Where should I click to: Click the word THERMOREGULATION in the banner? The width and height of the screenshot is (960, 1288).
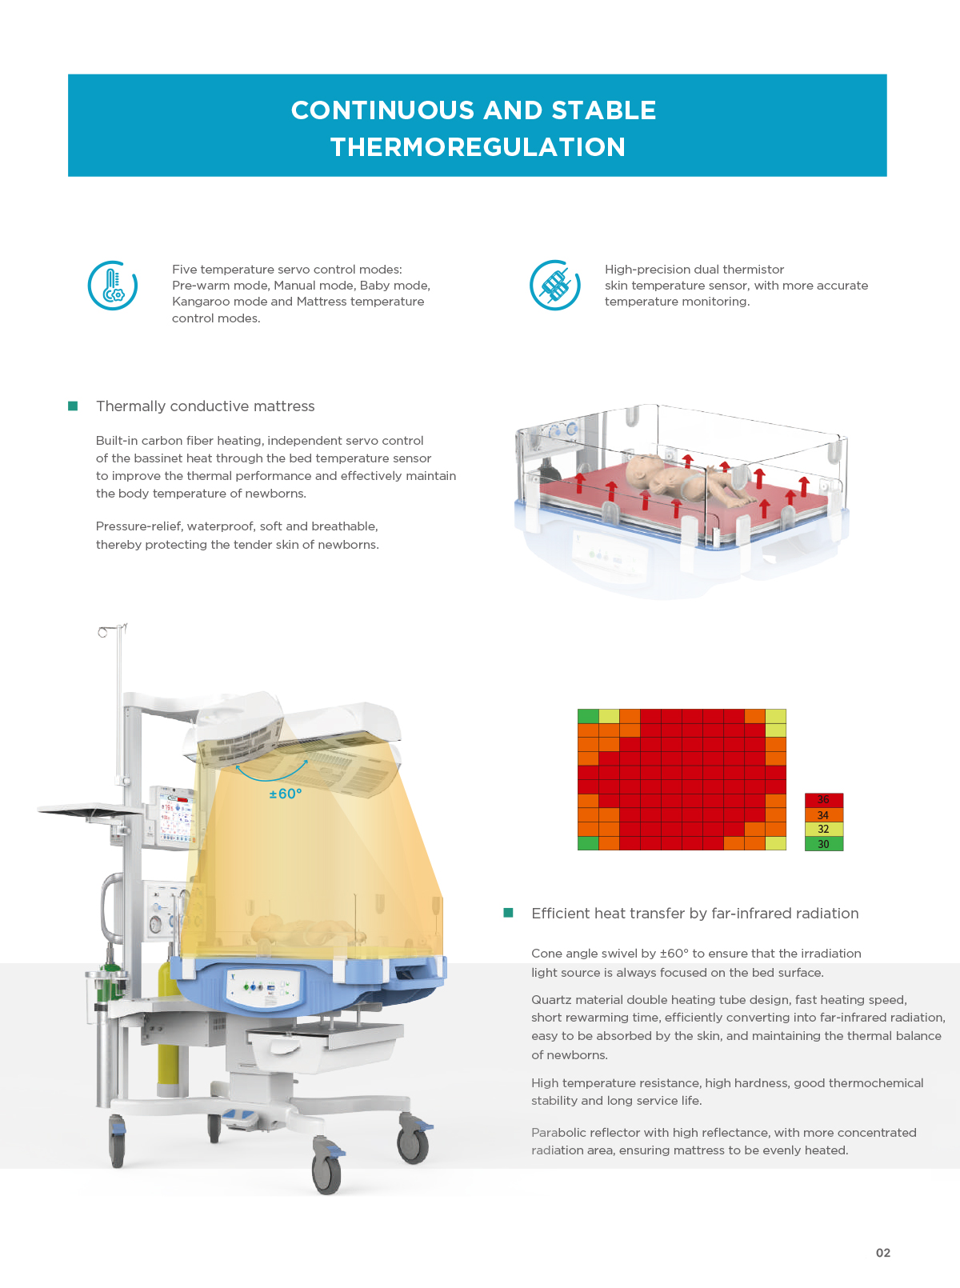coord(478,146)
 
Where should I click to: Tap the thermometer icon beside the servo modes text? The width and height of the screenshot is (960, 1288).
coord(113,286)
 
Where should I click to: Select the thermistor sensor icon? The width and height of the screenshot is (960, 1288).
coord(554,285)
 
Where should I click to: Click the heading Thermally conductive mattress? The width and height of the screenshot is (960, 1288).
coord(206,406)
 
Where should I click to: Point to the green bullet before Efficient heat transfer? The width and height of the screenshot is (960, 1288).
coord(508,913)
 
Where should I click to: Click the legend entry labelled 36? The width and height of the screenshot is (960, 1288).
coord(824,800)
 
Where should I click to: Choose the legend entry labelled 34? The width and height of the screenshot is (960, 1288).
coord(824,814)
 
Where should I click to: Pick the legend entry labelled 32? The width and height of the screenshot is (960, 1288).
coord(824,829)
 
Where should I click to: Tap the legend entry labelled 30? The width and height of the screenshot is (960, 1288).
coord(824,844)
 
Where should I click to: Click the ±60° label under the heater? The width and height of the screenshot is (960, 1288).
coord(285,794)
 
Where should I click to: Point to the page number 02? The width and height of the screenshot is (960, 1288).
coord(883,1253)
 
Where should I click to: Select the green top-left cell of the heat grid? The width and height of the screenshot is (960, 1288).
coord(588,716)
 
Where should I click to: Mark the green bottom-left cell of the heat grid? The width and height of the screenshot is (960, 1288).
coord(588,843)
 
